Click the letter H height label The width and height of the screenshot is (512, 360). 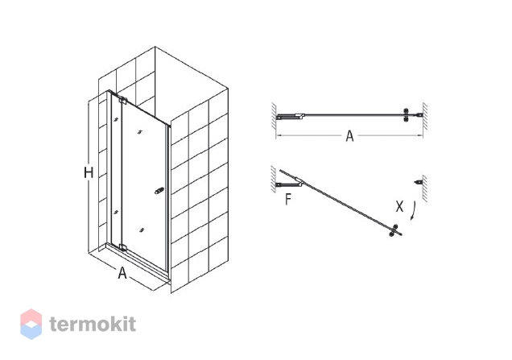[89, 172]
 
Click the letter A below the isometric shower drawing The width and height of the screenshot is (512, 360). [122, 273]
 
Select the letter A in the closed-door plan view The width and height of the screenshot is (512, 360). [349, 136]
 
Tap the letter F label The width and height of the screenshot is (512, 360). [287, 199]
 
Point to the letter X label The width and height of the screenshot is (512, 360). [399, 206]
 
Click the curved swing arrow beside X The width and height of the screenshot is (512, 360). [414, 211]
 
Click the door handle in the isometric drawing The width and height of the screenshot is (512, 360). [159, 190]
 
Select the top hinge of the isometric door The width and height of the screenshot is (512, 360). [123, 101]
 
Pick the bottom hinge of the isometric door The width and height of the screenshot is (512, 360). [123, 247]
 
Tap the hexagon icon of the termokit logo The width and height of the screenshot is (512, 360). [31, 324]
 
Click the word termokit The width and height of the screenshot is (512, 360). [93, 324]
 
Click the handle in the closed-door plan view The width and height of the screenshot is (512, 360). [407, 115]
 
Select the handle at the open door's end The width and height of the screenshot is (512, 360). [394, 230]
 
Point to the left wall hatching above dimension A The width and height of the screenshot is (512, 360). [274, 116]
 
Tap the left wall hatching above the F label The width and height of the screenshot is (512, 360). [274, 179]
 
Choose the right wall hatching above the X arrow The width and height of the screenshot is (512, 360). [425, 188]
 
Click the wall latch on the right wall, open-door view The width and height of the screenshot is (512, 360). [418, 182]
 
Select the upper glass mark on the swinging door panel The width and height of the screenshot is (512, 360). [140, 132]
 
